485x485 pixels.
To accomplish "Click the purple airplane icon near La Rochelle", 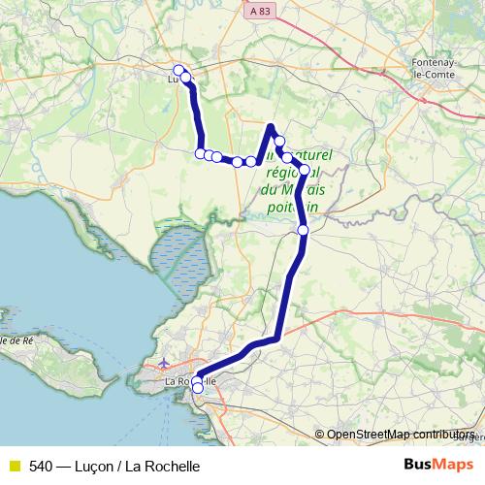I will point(161,364).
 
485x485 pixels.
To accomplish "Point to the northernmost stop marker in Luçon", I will point(178,69).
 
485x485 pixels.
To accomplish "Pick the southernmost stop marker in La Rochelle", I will point(198,389).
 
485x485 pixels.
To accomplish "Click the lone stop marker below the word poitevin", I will point(303,230).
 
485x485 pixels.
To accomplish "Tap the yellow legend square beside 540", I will point(14,466).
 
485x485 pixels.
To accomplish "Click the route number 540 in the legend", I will point(41,466).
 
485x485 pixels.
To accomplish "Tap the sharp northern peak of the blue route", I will point(272,125).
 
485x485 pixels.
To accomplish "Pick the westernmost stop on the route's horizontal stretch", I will point(201,153).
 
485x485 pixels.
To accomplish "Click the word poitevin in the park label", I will point(291,207).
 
